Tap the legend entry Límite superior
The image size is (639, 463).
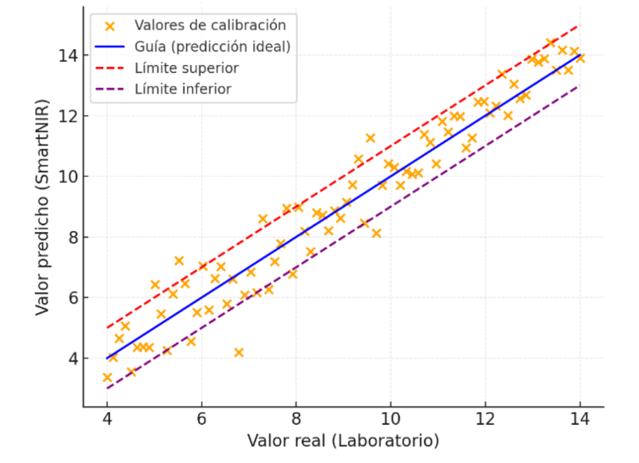click(186, 68)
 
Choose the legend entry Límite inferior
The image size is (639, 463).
click(183, 89)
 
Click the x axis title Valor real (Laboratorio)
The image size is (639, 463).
click(343, 441)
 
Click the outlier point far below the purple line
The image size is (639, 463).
click(239, 352)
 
